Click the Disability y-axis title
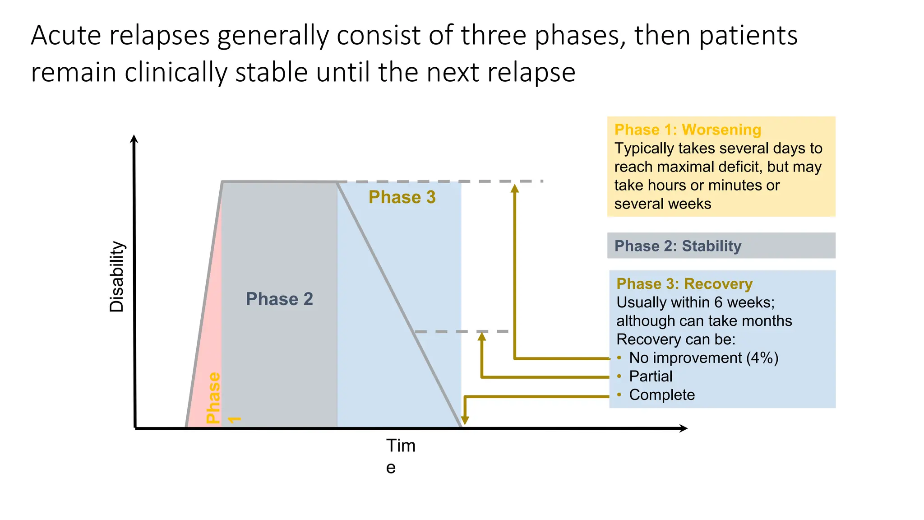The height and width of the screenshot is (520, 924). [116, 276]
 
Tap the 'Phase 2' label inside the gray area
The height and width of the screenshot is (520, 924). [279, 299]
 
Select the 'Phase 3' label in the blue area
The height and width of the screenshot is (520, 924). [402, 197]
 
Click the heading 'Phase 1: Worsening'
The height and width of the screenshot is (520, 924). [688, 130]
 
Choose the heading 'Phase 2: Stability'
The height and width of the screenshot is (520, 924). [678, 246]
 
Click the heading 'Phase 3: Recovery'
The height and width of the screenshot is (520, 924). [684, 284]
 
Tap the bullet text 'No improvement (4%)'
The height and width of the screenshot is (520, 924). [703, 358]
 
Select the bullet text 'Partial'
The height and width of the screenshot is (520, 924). [651, 376]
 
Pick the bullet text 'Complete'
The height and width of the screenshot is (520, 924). [662, 395]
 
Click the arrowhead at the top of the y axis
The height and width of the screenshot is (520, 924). [134, 139]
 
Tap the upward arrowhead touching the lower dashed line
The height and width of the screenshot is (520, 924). [482, 336]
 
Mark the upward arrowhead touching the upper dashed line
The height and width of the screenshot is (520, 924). [514, 188]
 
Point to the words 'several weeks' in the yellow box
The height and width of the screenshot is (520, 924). [662, 204]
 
